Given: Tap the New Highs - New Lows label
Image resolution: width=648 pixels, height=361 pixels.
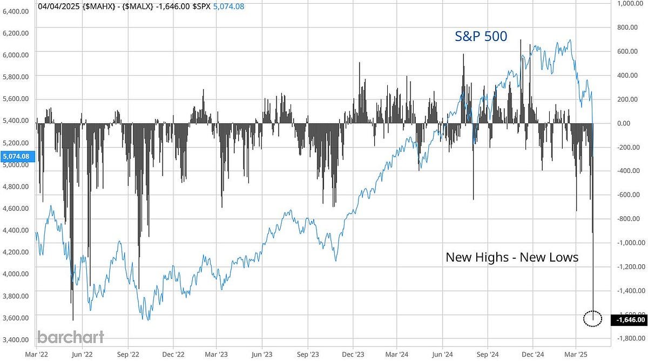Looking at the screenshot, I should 511,257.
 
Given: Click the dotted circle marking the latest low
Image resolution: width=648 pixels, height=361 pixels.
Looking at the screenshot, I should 593,318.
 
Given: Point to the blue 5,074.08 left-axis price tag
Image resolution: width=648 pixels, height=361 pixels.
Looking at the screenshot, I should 18,157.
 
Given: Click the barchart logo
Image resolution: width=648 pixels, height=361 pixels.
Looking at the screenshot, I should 70,337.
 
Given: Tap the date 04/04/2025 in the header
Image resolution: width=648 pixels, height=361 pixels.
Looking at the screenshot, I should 59,7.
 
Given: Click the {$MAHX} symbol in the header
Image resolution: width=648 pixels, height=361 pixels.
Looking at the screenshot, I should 99,7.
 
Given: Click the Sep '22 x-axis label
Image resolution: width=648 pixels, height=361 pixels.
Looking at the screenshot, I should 127,356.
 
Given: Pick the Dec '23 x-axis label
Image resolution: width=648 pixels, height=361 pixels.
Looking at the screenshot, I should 352,356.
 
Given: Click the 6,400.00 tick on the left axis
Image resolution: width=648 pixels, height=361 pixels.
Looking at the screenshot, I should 16,11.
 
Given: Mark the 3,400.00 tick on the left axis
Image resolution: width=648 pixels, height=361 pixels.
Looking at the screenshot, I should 16,339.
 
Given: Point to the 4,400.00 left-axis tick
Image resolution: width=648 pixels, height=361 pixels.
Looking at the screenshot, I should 16,230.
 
